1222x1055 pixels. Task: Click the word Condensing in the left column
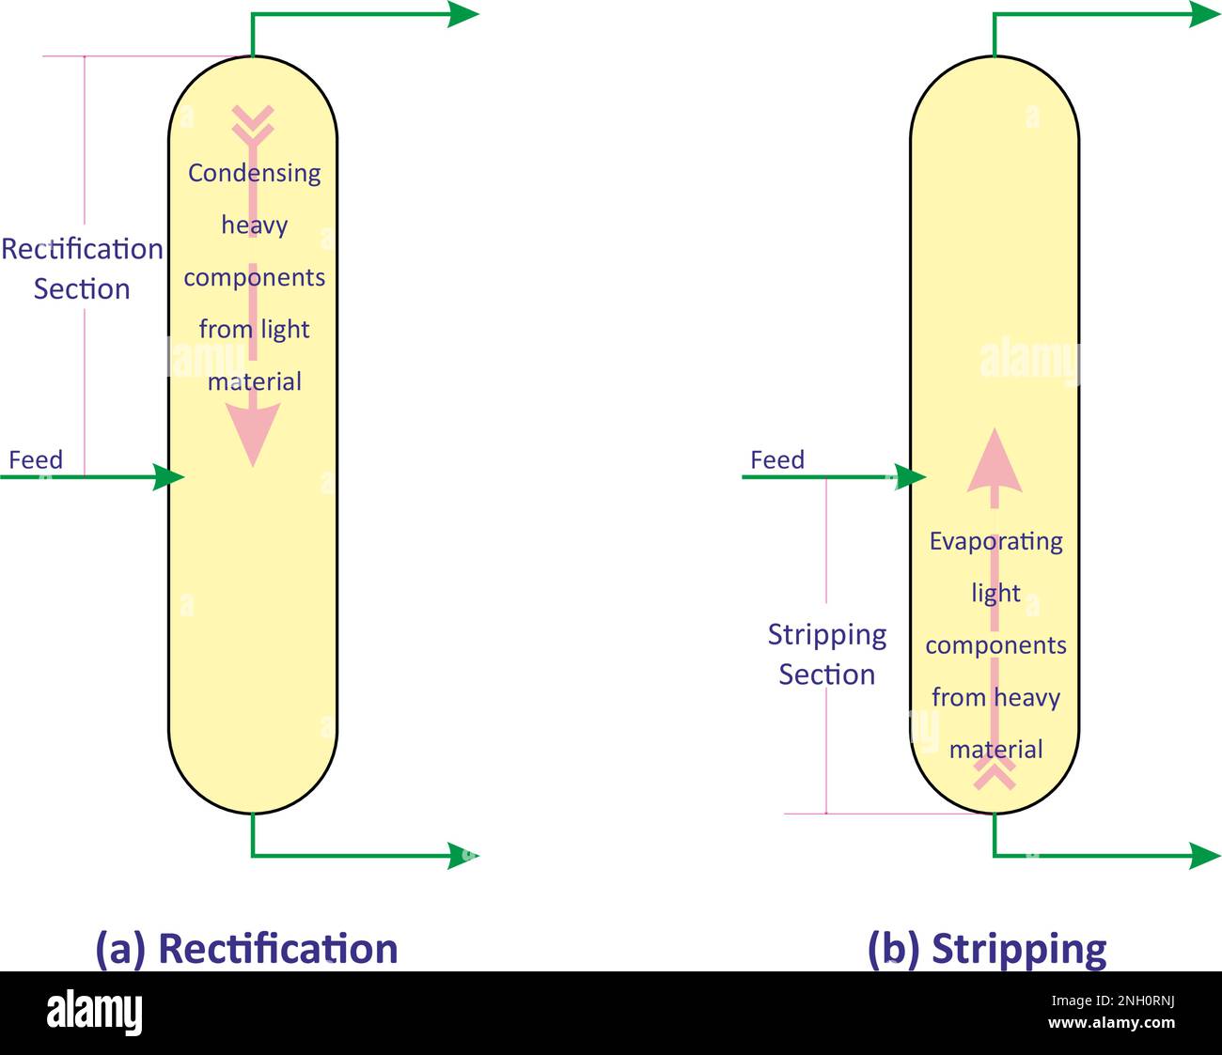[254, 174]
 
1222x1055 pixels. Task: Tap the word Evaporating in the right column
[995, 542]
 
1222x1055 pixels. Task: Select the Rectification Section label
[82, 269]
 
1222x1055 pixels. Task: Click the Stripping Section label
[827, 655]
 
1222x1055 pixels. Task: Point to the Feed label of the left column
[36, 459]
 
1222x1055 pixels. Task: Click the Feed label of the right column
[777, 459]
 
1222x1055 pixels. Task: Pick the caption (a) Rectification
[246, 949]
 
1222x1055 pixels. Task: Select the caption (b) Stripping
[987, 949]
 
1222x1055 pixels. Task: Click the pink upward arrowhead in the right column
[995, 459]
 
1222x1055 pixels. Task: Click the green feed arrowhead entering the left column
[168, 476]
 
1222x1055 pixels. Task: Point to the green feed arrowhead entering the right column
[910, 476]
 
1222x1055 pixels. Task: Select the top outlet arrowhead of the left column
[462, 14]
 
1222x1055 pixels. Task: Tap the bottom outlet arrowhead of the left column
[462, 856]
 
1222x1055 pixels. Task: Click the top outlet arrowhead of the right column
[1205, 14]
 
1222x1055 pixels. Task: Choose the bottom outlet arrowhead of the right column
[1205, 856]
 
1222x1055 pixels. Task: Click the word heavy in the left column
[254, 225]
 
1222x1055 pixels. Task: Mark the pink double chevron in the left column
[253, 124]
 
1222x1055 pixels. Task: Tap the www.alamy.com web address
[1111, 1022]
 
